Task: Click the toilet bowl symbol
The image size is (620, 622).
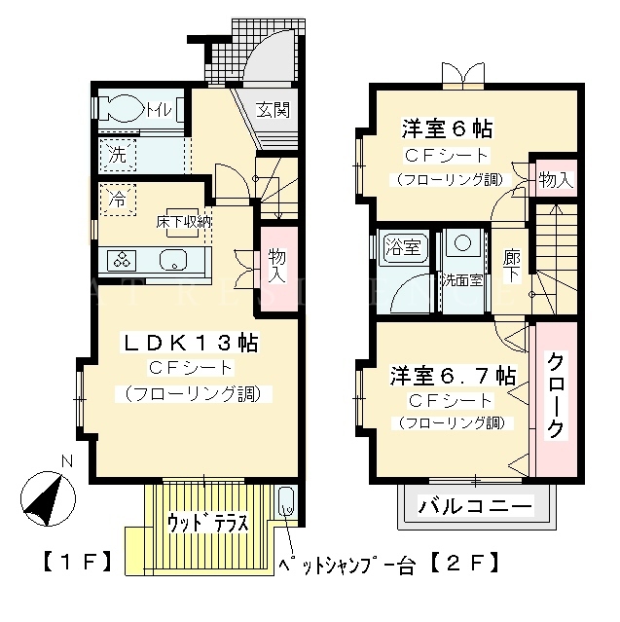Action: point(123,108)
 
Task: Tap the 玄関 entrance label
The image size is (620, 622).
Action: point(273,110)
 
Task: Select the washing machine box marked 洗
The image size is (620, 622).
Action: point(118,155)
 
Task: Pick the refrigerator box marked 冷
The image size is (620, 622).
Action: point(118,200)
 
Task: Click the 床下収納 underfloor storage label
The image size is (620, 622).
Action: point(183,222)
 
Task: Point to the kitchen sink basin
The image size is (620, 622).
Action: point(173,260)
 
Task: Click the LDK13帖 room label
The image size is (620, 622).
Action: point(191,343)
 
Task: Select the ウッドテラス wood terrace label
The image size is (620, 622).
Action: point(208,523)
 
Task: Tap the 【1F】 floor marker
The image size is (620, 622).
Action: point(77,564)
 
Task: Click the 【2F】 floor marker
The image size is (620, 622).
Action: point(463,564)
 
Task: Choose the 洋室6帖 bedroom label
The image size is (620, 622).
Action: point(447,128)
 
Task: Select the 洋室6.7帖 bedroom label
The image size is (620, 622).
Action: point(453,376)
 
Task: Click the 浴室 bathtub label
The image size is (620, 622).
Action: point(403,247)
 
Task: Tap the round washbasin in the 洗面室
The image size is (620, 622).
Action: point(462,242)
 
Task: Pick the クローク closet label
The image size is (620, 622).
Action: point(555,395)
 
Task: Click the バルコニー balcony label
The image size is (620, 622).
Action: point(474,506)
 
